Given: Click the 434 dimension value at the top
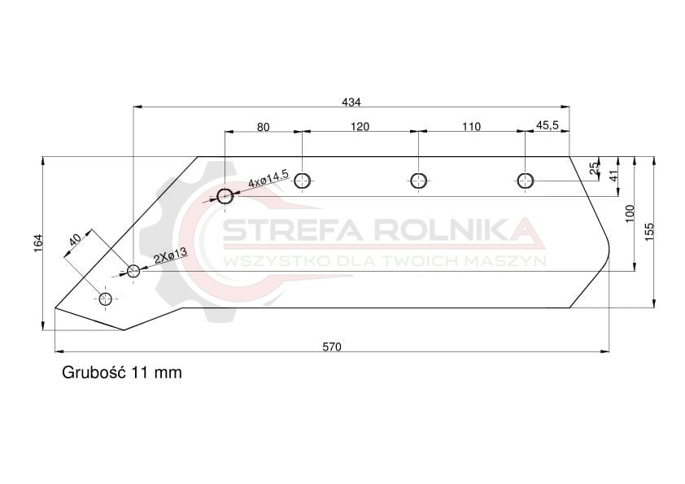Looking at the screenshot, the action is (x=351, y=102).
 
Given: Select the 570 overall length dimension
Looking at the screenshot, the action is (x=332, y=347).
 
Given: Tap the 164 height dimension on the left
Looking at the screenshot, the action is (x=38, y=243).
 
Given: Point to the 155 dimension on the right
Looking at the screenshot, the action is (x=649, y=232).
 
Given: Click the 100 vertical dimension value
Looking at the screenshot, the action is (x=630, y=213).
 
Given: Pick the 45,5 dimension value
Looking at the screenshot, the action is (x=547, y=125).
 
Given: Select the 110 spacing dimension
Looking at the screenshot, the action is (x=471, y=127).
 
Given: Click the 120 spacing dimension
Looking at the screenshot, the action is (x=360, y=127).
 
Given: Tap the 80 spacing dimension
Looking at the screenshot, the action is (x=263, y=127).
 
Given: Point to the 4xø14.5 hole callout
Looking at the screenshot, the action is (x=268, y=179).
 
